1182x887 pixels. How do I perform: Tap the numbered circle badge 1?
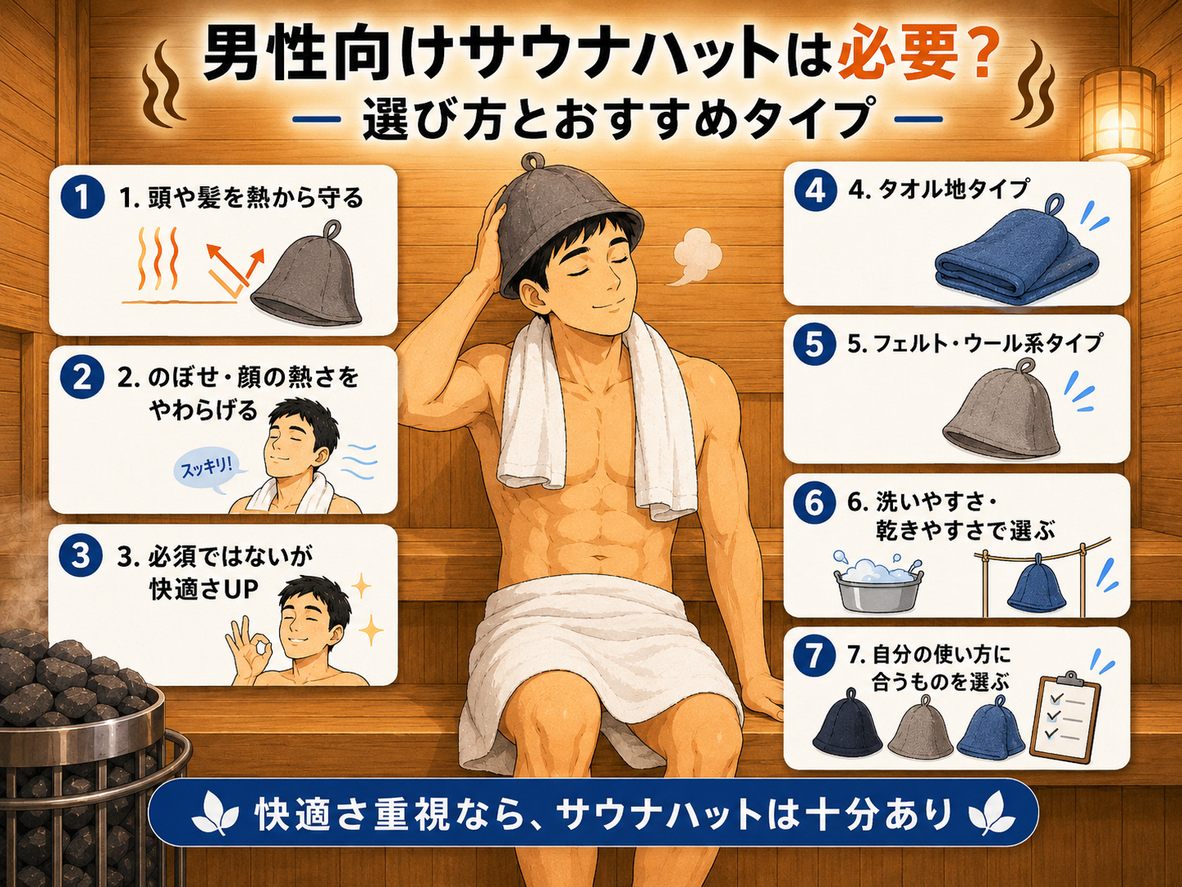coord(82,197)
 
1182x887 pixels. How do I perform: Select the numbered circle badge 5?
coord(814,344)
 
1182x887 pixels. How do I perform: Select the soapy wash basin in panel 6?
coord(878,582)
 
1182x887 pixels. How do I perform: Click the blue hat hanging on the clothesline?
coord(1037,586)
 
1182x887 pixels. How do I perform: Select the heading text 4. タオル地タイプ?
coord(938,189)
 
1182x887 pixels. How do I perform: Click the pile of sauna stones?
coord(70,673)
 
